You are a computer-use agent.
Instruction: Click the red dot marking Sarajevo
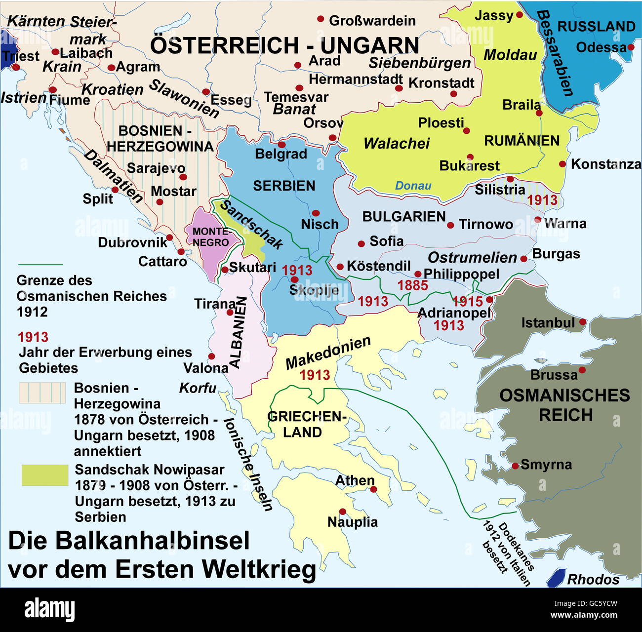tap(183, 177)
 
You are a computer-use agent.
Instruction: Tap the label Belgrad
tap(281, 154)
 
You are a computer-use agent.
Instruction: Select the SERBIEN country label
tap(284, 186)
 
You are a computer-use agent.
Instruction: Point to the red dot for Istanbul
tap(583, 322)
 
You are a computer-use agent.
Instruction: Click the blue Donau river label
tap(413, 186)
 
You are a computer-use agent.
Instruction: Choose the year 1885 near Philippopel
tap(412, 285)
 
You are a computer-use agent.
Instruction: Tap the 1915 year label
tap(467, 301)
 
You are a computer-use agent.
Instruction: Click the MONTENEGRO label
tap(211, 237)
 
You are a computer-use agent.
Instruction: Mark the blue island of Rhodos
tap(557, 577)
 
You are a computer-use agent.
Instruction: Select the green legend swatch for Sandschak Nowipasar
tap(45, 475)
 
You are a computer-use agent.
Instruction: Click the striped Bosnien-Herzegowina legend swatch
tap(42, 393)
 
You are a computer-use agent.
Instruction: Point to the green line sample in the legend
tap(40, 265)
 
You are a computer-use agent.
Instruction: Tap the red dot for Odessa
tap(631, 47)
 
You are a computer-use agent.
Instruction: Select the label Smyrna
tap(546, 465)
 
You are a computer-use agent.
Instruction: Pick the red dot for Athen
tap(374, 489)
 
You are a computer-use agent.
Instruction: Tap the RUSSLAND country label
tap(596, 26)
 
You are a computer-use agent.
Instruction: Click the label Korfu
tap(198, 388)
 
